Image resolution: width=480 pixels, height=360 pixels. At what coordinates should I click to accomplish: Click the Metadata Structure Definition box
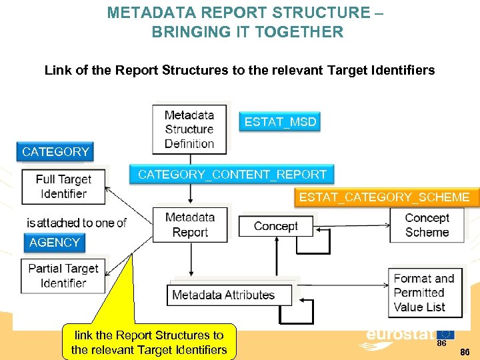[x=189, y=129]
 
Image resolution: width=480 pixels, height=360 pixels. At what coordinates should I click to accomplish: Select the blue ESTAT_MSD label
[x=280, y=122]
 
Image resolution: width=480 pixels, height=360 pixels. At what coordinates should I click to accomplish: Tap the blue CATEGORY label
[x=55, y=152]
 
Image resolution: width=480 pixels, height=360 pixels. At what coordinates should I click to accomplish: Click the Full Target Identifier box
[x=63, y=187]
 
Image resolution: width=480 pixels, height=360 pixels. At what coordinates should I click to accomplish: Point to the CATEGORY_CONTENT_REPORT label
[x=232, y=175]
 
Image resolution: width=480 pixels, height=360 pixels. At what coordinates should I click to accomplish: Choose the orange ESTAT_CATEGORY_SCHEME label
[x=384, y=197]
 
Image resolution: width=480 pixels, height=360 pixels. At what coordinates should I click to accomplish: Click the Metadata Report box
[x=190, y=225]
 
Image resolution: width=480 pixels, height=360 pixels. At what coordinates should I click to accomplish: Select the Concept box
[x=275, y=226]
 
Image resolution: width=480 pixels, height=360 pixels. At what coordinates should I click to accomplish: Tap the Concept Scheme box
[x=427, y=225]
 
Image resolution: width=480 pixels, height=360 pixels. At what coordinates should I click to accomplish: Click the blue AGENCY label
[x=55, y=243]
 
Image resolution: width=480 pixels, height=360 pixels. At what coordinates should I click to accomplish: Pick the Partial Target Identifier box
[x=63, y=276]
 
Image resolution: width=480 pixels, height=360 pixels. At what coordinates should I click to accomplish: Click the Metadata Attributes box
[x=223, y=295]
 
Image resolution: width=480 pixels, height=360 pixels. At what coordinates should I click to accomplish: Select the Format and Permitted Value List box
[x=424, y=293]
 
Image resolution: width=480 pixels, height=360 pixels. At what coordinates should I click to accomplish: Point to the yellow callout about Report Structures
[x=149, y=343]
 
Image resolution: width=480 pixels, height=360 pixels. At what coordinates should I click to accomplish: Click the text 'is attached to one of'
[x=76, y=223]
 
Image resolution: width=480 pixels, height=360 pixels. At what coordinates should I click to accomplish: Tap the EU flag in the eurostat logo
[x=445, y=334]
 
